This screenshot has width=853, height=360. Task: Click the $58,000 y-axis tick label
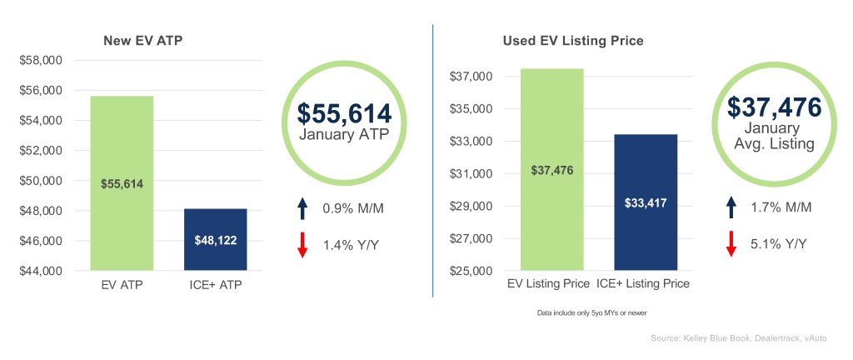click(41, 61)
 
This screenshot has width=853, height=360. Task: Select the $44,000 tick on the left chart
click(41, 271)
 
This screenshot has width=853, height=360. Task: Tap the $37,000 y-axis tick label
click(471, 77)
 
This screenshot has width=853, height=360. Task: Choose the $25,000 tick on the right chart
click(471, 271)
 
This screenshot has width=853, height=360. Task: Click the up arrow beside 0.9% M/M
click(302, 207)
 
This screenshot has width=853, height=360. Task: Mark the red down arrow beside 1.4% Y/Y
click(302, 243)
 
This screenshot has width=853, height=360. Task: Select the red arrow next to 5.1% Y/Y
click(731, 243)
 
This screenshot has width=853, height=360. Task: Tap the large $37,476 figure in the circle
click(774, 107)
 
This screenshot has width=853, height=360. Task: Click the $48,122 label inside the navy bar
click(215, 240)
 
